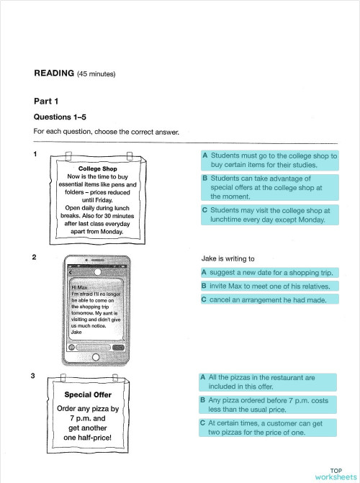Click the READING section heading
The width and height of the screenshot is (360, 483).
[x=55, y=73]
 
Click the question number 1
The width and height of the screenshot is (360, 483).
[x=36, y=154]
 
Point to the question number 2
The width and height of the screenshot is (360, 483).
[x=36, y=257]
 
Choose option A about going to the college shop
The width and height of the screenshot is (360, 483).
[x=269, y=160]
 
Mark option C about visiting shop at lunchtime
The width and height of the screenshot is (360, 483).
[x=269, y=215]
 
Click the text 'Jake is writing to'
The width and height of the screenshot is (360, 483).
[x=232, y=258]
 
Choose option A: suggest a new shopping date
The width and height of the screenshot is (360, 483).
[x=269, y=273]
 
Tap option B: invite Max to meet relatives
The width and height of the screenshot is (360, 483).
[x=269, y=286]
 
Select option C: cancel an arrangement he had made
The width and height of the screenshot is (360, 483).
[x=269, y=299]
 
